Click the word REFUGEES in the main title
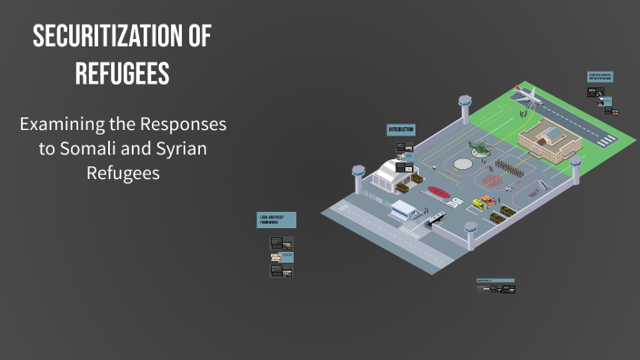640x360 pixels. tap(123, 75)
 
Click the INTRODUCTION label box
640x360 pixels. tap(401, 130)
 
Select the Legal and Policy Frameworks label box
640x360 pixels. tap(276, 221)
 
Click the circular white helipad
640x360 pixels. tap(464, 165)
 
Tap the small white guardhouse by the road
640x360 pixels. tap(402, 211)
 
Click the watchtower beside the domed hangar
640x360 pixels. tap(358, 178)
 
